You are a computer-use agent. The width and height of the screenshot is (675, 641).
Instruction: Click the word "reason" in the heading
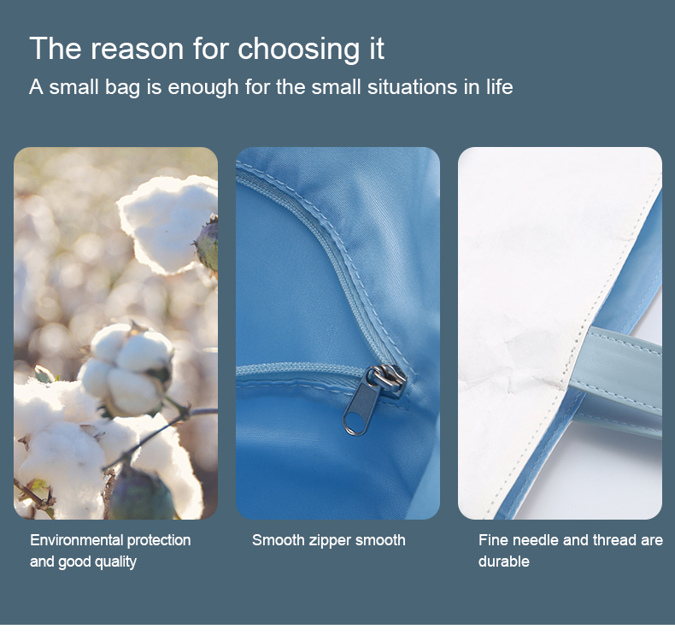[137, 49]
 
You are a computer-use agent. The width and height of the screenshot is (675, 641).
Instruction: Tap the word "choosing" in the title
[298, 49]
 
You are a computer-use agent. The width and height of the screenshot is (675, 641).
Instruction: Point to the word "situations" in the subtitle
[413, 86]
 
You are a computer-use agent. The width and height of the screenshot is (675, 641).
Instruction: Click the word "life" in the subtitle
[499, 86]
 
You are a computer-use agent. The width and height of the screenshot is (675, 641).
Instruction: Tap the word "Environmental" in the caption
[76, 540]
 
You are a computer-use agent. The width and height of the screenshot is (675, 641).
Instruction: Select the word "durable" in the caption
[503, 562]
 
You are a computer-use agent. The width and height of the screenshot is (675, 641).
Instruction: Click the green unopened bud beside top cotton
[208, 244]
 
